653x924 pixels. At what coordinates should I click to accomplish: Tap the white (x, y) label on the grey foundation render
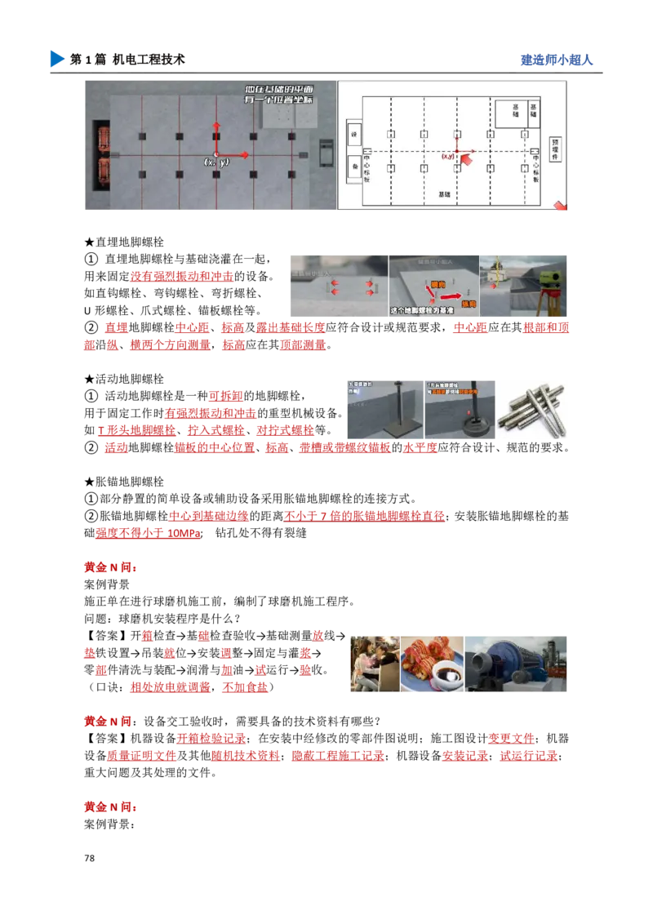[x=216, y=162]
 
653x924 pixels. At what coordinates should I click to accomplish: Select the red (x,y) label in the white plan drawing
[x=448, y=156]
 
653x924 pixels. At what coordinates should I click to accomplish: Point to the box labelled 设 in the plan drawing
[x=354, y=134]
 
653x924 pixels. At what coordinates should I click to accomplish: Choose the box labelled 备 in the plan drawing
[x=354, y=166]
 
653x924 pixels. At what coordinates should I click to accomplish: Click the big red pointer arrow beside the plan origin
[x=466, y=160]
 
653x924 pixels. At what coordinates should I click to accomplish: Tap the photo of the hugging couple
[x=371, y=662]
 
